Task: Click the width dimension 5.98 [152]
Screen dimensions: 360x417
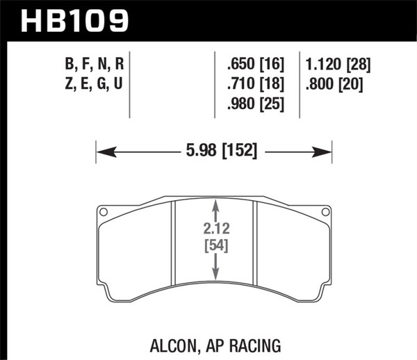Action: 214,151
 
